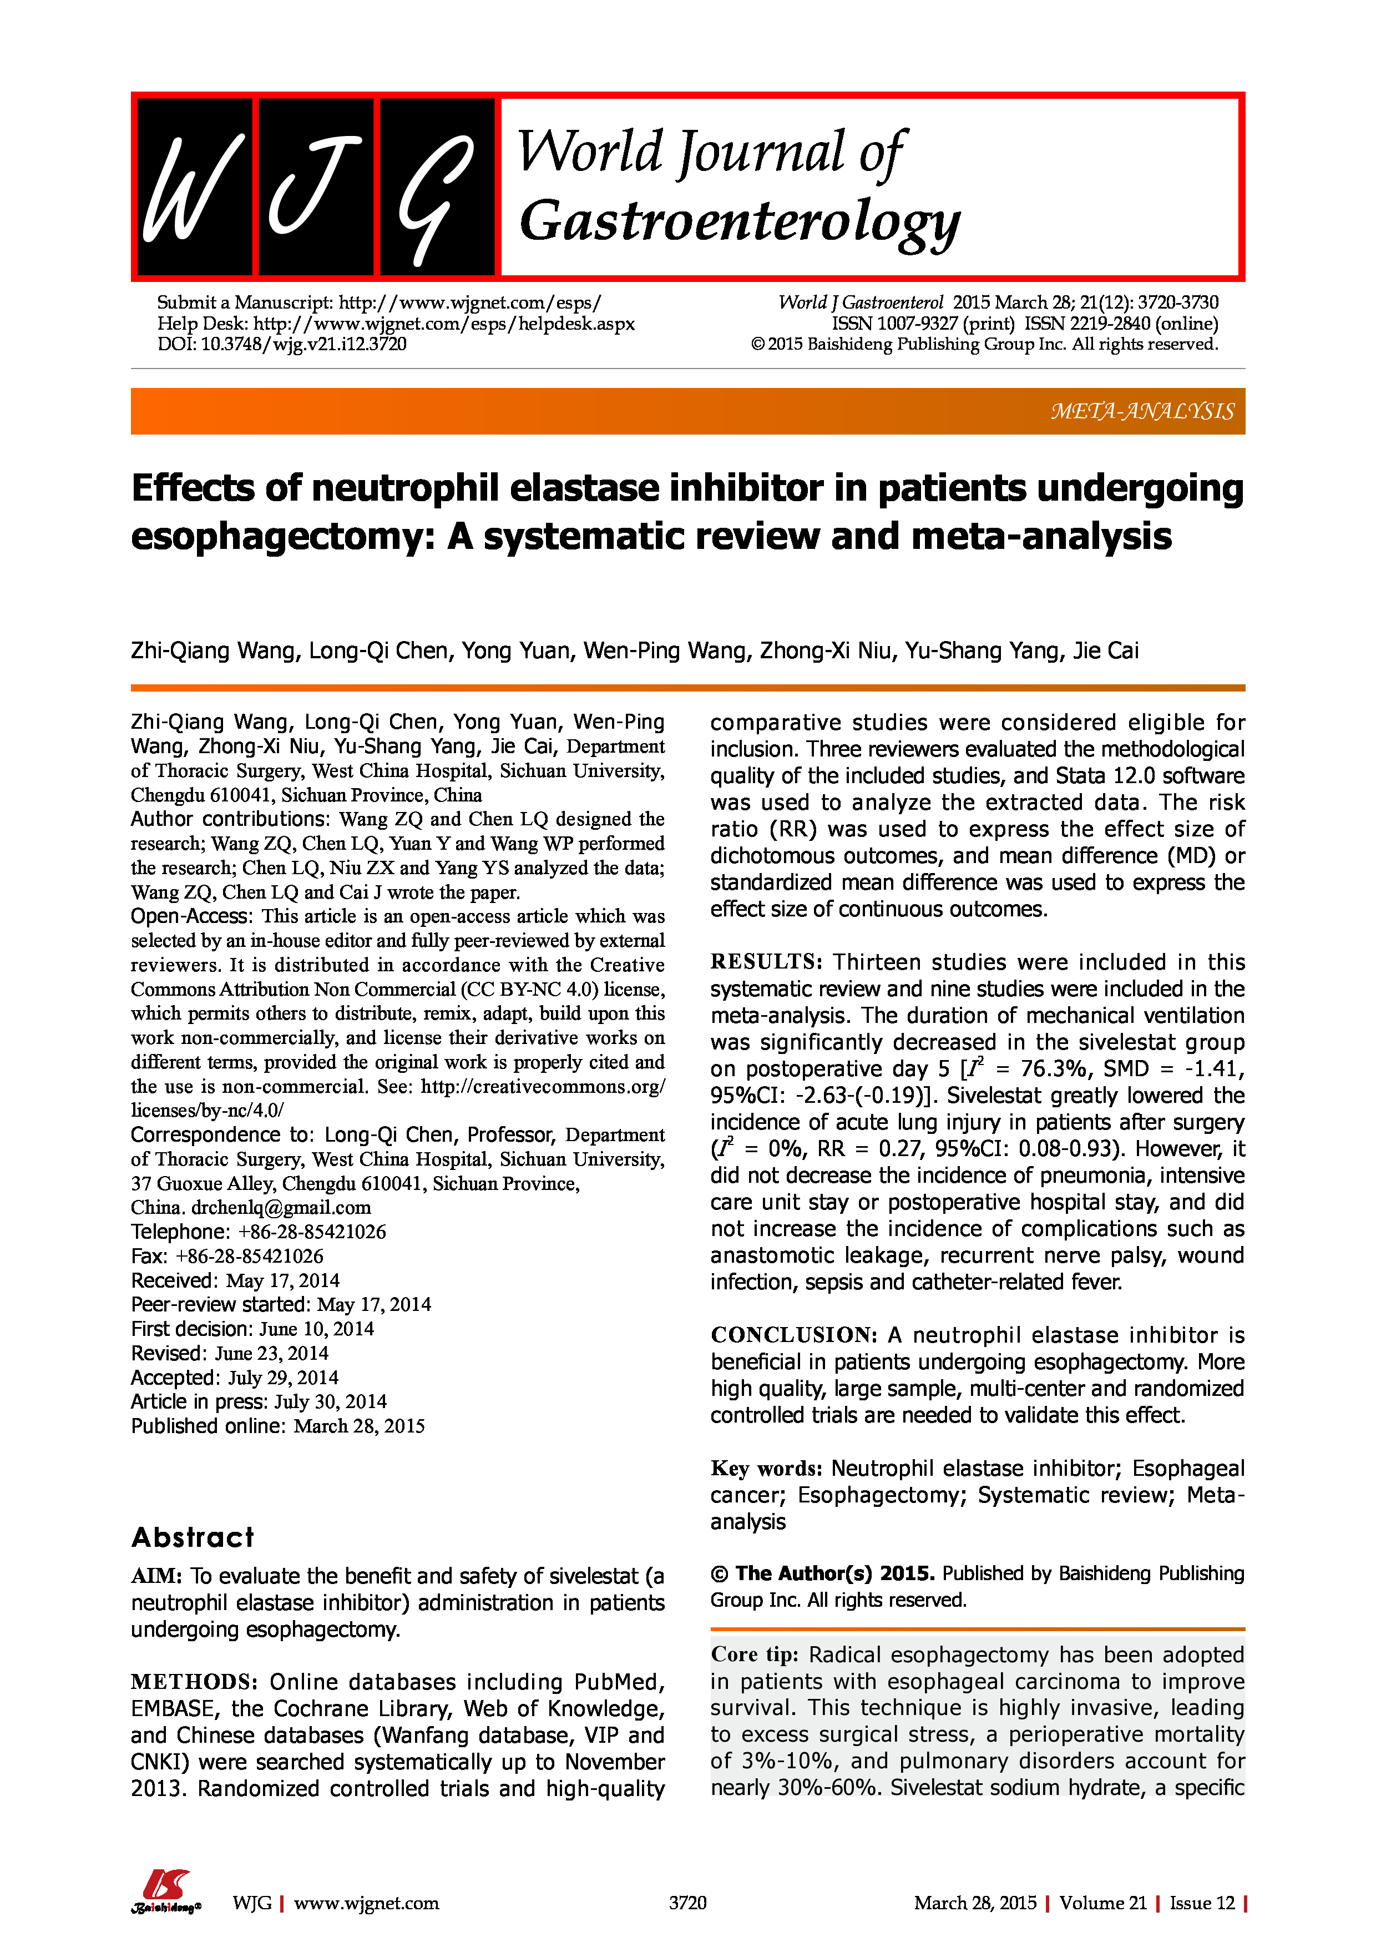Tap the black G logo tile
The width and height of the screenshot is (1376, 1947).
click(437, 186)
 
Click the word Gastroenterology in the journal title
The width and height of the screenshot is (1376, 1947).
click(739, 221)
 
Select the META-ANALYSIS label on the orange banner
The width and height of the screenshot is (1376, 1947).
click(1142, 411)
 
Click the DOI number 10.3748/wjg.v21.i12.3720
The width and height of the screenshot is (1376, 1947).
click(303, 344)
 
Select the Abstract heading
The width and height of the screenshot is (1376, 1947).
click(193, 1537)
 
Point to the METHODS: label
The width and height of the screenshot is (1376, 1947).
click(194, 1682)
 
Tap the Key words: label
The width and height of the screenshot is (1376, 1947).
click(766, 1469)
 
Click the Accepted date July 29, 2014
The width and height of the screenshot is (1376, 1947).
click(282, 1378)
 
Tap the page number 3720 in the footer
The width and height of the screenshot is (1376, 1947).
click(687, 1903)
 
